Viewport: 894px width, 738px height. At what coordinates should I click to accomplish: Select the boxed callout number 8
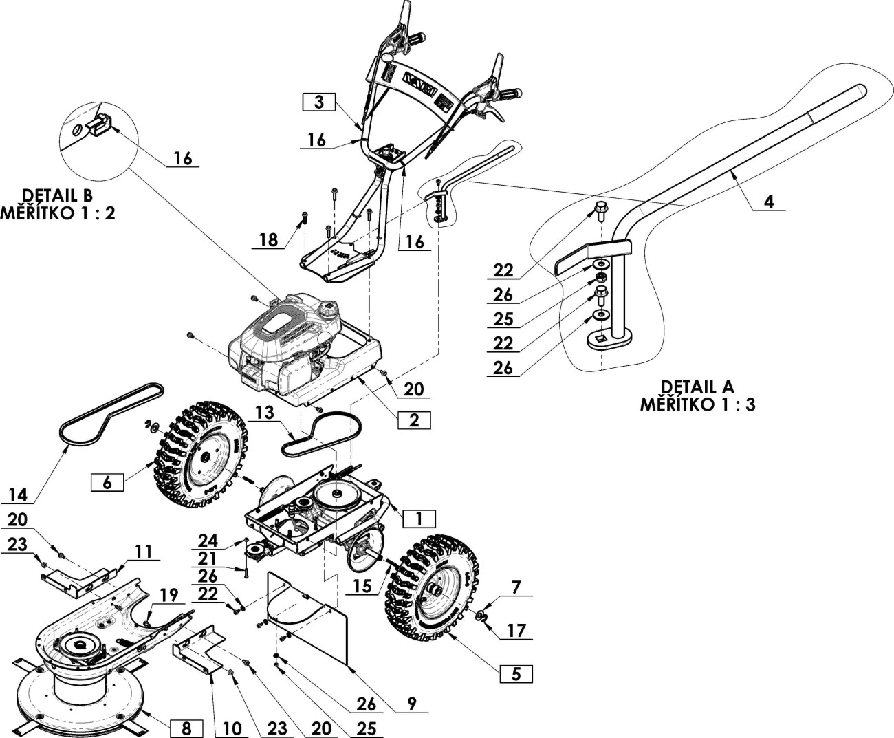coord(185,726)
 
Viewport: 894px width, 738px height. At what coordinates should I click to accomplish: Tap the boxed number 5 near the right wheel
coord(516,673)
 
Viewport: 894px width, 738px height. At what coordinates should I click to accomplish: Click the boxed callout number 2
coord(413,420)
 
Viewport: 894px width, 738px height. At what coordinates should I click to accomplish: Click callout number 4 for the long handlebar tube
coord(770,202)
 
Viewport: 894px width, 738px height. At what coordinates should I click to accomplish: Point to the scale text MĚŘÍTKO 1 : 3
coord(697,404)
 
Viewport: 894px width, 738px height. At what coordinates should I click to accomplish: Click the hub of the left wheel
coord(204,457)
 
